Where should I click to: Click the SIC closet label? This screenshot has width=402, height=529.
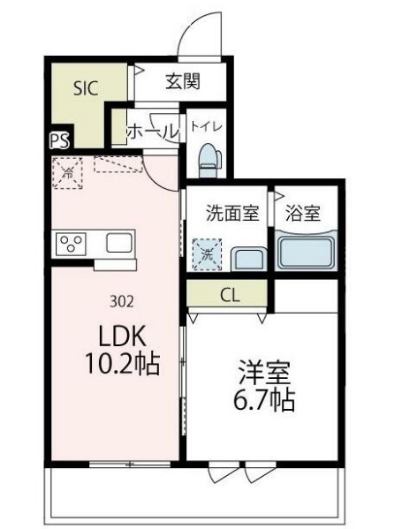(x=86, y=87)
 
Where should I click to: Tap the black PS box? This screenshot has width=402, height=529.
(x=58, y=140)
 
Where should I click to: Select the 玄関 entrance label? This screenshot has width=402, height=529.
(x=182, y=82)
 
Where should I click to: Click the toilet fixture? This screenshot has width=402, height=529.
(x=208, y=160)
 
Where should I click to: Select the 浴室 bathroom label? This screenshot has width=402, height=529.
(x=302, y=213)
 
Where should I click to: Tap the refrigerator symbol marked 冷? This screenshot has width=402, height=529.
(x=66, y=173)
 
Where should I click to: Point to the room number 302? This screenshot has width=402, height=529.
(x=122, y=300)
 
